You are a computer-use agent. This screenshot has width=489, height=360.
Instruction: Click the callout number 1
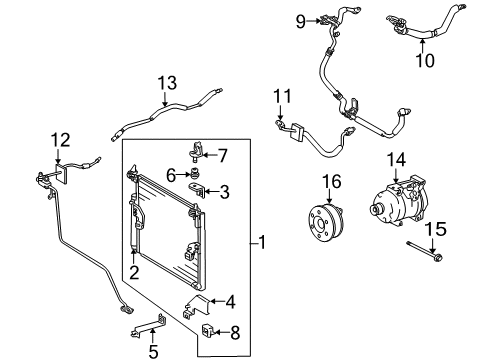coord(262,241)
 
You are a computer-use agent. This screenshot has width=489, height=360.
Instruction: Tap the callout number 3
coord(225,190)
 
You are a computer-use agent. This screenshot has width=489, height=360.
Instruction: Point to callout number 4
coord(231,300)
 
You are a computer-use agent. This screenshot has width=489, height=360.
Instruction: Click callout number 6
coord(171,174)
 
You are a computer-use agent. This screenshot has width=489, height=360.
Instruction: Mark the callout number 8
coord(235,332)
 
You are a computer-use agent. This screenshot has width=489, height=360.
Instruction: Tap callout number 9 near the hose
coord(273,19)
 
